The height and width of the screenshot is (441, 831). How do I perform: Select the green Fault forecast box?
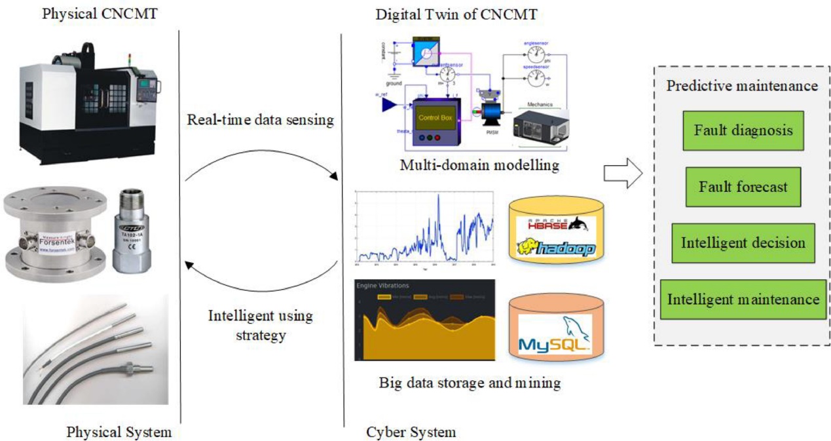[x=743, y=187]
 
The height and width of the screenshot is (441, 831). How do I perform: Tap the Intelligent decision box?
[x=743, y=242]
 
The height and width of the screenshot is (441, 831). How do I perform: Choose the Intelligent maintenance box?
[x=743, y=299]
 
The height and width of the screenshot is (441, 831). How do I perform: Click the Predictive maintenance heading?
[x=742, y=86]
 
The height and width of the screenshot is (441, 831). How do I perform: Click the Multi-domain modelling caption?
[x=480, y=165]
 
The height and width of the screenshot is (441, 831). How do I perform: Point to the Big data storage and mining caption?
[x=470, y=382]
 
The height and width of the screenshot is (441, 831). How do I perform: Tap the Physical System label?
[x=119, y=432]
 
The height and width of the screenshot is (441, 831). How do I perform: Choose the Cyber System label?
[x=411, y=432]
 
